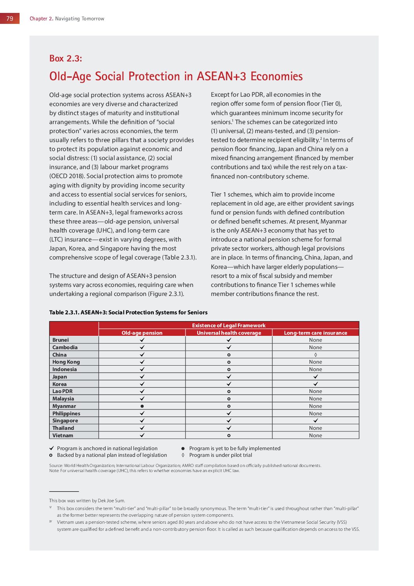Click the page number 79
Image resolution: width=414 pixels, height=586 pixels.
[10, 18]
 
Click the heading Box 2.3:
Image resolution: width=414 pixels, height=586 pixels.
[65, 58]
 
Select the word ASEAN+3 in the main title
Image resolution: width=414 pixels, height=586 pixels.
[221, 76]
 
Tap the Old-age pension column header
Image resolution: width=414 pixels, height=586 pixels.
[142, 333]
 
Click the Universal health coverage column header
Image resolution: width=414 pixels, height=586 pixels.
[229, 333]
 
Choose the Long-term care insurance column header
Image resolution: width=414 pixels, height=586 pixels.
[315, 333]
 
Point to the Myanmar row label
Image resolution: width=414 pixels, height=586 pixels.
[64, 406]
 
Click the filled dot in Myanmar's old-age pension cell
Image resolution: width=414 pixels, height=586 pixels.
[142, 406]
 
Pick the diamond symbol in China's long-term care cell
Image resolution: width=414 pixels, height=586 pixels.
[315, 355]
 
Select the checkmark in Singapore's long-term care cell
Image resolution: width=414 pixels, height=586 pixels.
[315, 420]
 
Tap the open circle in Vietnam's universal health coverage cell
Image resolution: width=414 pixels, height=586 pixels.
[229, 435]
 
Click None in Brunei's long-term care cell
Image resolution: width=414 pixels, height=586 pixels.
[315, 340]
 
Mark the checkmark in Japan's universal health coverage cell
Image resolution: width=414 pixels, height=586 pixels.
[229, 377]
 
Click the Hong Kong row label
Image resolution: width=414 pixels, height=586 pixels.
[66, 362]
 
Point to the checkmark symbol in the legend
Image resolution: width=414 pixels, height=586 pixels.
[52, 448]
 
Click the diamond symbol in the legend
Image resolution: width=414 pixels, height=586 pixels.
[183, 455]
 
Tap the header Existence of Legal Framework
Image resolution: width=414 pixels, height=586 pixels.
[229, 325]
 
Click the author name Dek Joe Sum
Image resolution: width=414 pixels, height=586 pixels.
[111, 500]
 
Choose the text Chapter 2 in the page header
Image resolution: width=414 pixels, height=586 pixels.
[41, 18]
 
